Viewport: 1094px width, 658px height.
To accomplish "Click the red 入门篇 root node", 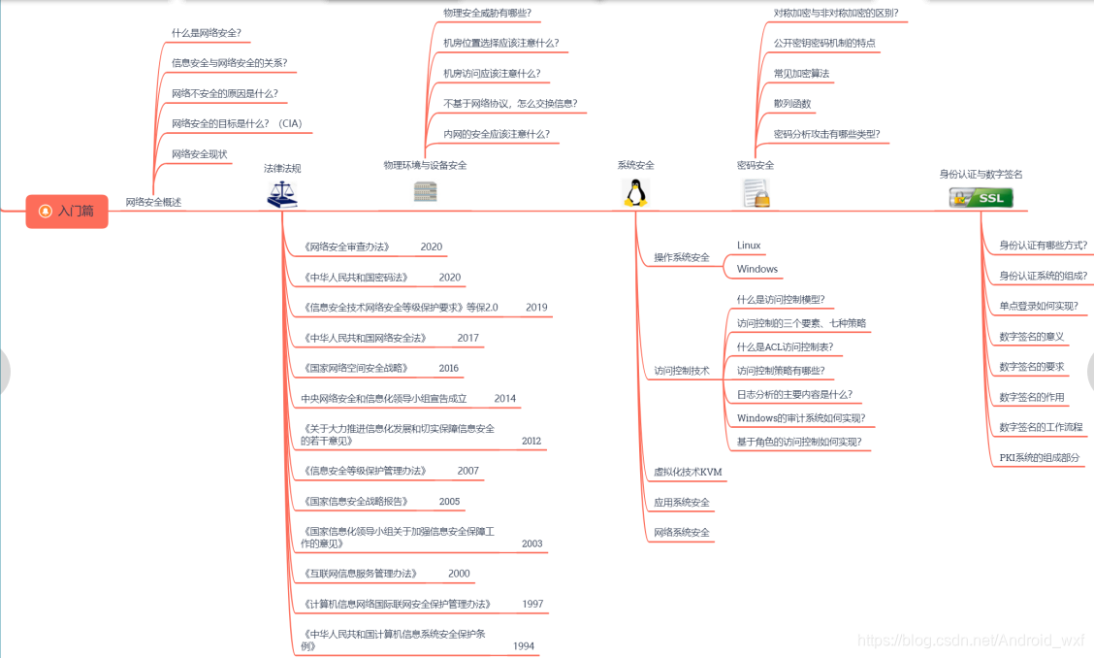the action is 67,211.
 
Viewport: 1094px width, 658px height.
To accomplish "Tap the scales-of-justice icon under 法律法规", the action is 282,194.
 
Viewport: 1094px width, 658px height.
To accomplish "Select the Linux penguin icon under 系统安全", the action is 635,192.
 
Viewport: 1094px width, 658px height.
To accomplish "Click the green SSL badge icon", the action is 981,198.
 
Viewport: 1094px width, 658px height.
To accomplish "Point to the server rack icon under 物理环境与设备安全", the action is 425,191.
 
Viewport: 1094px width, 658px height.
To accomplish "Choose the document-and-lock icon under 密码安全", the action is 756,192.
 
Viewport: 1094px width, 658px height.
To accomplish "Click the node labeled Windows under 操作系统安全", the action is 757,269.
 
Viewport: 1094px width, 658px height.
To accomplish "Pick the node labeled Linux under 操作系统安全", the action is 749,246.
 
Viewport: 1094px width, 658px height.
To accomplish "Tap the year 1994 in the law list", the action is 524,645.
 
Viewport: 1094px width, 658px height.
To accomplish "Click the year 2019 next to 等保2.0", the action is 536,308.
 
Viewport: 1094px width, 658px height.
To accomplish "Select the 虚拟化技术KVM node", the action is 688,472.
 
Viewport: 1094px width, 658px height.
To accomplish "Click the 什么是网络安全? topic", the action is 206,33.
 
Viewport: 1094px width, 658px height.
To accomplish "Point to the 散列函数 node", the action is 792,104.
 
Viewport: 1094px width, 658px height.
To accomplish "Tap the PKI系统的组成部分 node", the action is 1039,457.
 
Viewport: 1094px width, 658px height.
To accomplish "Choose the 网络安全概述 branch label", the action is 153,202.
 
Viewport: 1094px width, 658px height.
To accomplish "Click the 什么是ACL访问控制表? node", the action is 785,346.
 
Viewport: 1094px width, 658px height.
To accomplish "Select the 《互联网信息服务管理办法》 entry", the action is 361,574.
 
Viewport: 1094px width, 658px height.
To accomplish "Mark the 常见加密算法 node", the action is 801,74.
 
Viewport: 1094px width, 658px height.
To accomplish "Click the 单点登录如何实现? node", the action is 1038,306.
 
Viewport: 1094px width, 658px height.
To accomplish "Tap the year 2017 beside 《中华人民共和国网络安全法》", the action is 468,338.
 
